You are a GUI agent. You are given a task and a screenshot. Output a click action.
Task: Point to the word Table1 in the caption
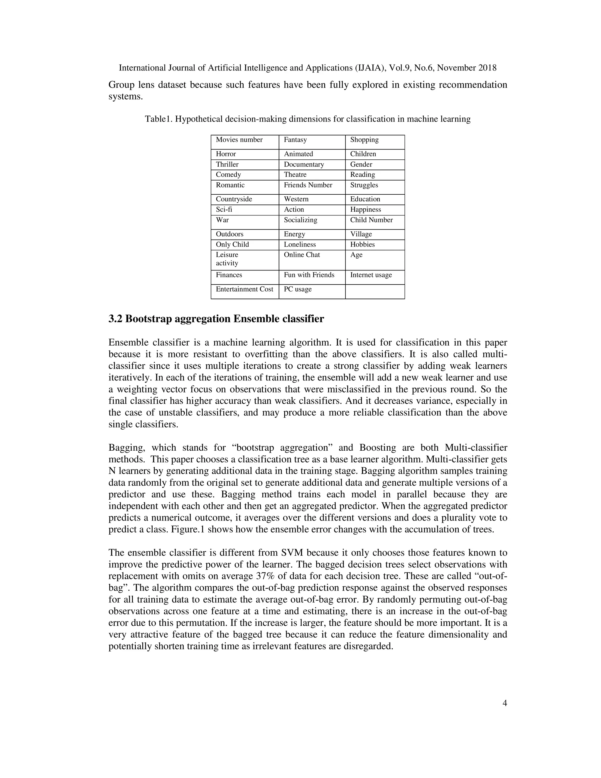158,119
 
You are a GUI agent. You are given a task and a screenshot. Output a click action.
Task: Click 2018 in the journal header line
487,68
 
